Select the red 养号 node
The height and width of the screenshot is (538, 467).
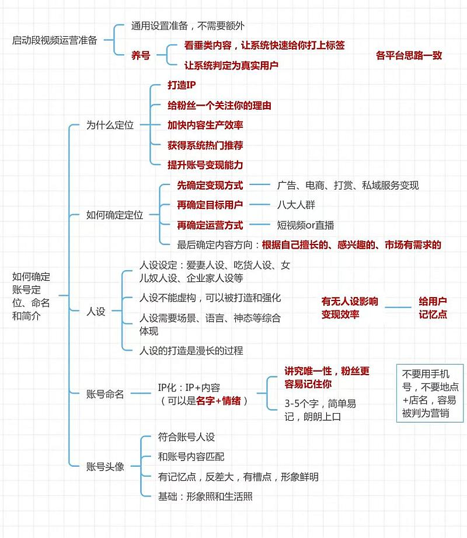tap(141, 55)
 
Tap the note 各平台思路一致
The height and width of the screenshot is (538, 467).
tap(409, 55)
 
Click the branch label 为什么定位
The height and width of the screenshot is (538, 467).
tap(110, 125)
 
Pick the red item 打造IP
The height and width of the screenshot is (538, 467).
tap(182, 85)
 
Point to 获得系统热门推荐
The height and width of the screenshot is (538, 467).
tap(205, 145)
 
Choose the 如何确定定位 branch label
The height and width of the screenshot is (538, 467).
tap(114, 215)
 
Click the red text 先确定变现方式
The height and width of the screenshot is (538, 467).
tap(210, 185)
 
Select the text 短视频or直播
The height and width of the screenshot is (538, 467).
tap(306, 225)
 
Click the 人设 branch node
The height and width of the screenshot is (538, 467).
tap(96, 311)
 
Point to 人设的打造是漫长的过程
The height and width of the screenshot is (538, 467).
tap(191, 350)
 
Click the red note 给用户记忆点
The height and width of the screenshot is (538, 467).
tap(433, 308)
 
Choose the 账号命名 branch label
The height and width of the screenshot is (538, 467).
tap(105, 394)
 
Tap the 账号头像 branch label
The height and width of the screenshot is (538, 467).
tap(105, 466)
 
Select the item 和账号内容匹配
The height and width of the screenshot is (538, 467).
tap(191, 456)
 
